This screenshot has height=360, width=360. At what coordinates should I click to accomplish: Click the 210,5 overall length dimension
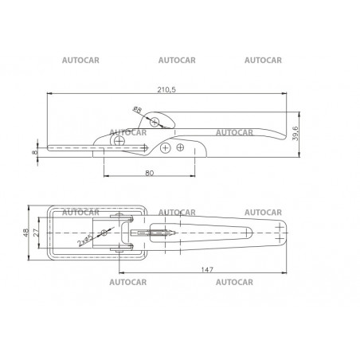166,89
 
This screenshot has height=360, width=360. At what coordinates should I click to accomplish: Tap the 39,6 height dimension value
295,134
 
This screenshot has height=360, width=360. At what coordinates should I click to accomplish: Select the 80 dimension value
150,173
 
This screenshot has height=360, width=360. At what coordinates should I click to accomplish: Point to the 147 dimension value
207,270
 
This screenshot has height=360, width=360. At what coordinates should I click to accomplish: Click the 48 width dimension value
26,233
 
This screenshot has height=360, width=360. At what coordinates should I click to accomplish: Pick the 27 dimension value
37,233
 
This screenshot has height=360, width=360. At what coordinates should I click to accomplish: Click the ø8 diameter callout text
138,109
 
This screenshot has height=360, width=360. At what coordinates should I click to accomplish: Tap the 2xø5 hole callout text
84,241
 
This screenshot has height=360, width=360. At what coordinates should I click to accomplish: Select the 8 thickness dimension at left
34,152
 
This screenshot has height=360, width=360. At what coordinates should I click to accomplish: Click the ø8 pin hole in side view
155,122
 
